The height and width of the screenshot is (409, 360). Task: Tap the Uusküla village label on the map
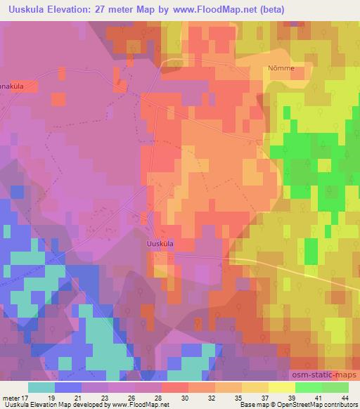(x=160, y=243)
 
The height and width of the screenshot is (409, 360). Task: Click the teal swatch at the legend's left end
(x=41, y=387)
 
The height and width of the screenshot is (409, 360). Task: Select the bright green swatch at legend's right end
(x=335, y=387)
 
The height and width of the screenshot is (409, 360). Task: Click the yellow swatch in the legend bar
(x=281, y=387)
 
